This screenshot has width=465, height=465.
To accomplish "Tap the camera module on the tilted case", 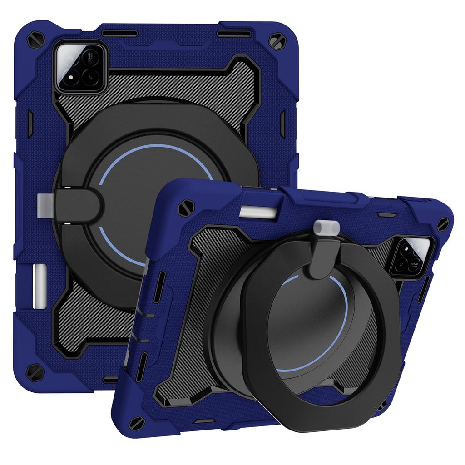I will [x=411, y=257].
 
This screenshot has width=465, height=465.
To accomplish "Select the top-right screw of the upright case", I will [x=276, y=42].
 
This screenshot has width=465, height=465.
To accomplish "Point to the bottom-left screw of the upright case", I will [x=35, y=371].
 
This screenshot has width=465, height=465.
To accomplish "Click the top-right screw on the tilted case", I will [x=442, y=223].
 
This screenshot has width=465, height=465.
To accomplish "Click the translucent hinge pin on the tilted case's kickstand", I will [x=326, y=226].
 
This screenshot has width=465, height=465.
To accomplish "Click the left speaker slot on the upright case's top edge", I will [x=120, y=34].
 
